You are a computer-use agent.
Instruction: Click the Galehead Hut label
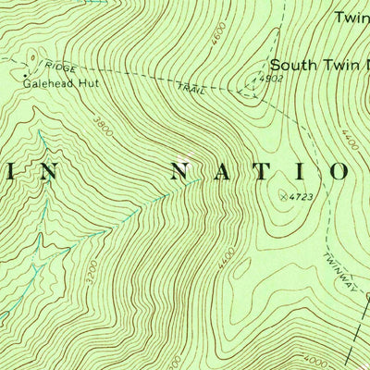click(59, 81)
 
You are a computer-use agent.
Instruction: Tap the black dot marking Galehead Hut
click(23, 70)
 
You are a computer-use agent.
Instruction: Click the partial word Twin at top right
click(351, 17)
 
